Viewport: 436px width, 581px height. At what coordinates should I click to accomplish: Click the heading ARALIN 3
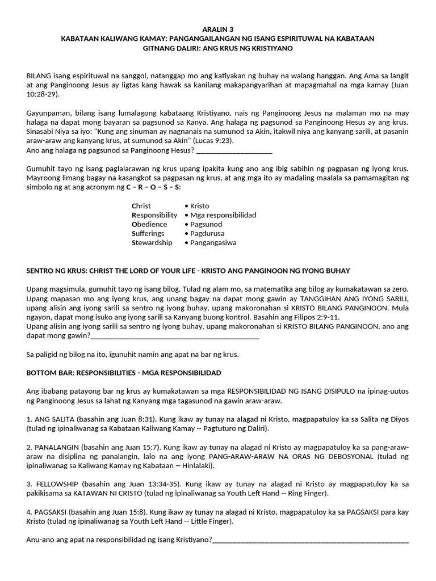(x=217, y=28)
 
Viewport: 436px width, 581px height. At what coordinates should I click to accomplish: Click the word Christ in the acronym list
(x=141, y=206)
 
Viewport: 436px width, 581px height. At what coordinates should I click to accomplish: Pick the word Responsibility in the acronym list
(x=154, y=215)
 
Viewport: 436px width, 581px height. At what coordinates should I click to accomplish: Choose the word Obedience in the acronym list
(x=149, y=224)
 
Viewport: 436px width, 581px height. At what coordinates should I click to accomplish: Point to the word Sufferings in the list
(x=148, y=233)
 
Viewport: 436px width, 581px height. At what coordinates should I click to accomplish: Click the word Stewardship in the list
(x=152, y=242)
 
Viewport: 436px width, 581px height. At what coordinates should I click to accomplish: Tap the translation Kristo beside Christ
(x=200, y=206)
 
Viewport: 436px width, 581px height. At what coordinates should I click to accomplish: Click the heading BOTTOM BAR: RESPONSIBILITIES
(x=124, y=373)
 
